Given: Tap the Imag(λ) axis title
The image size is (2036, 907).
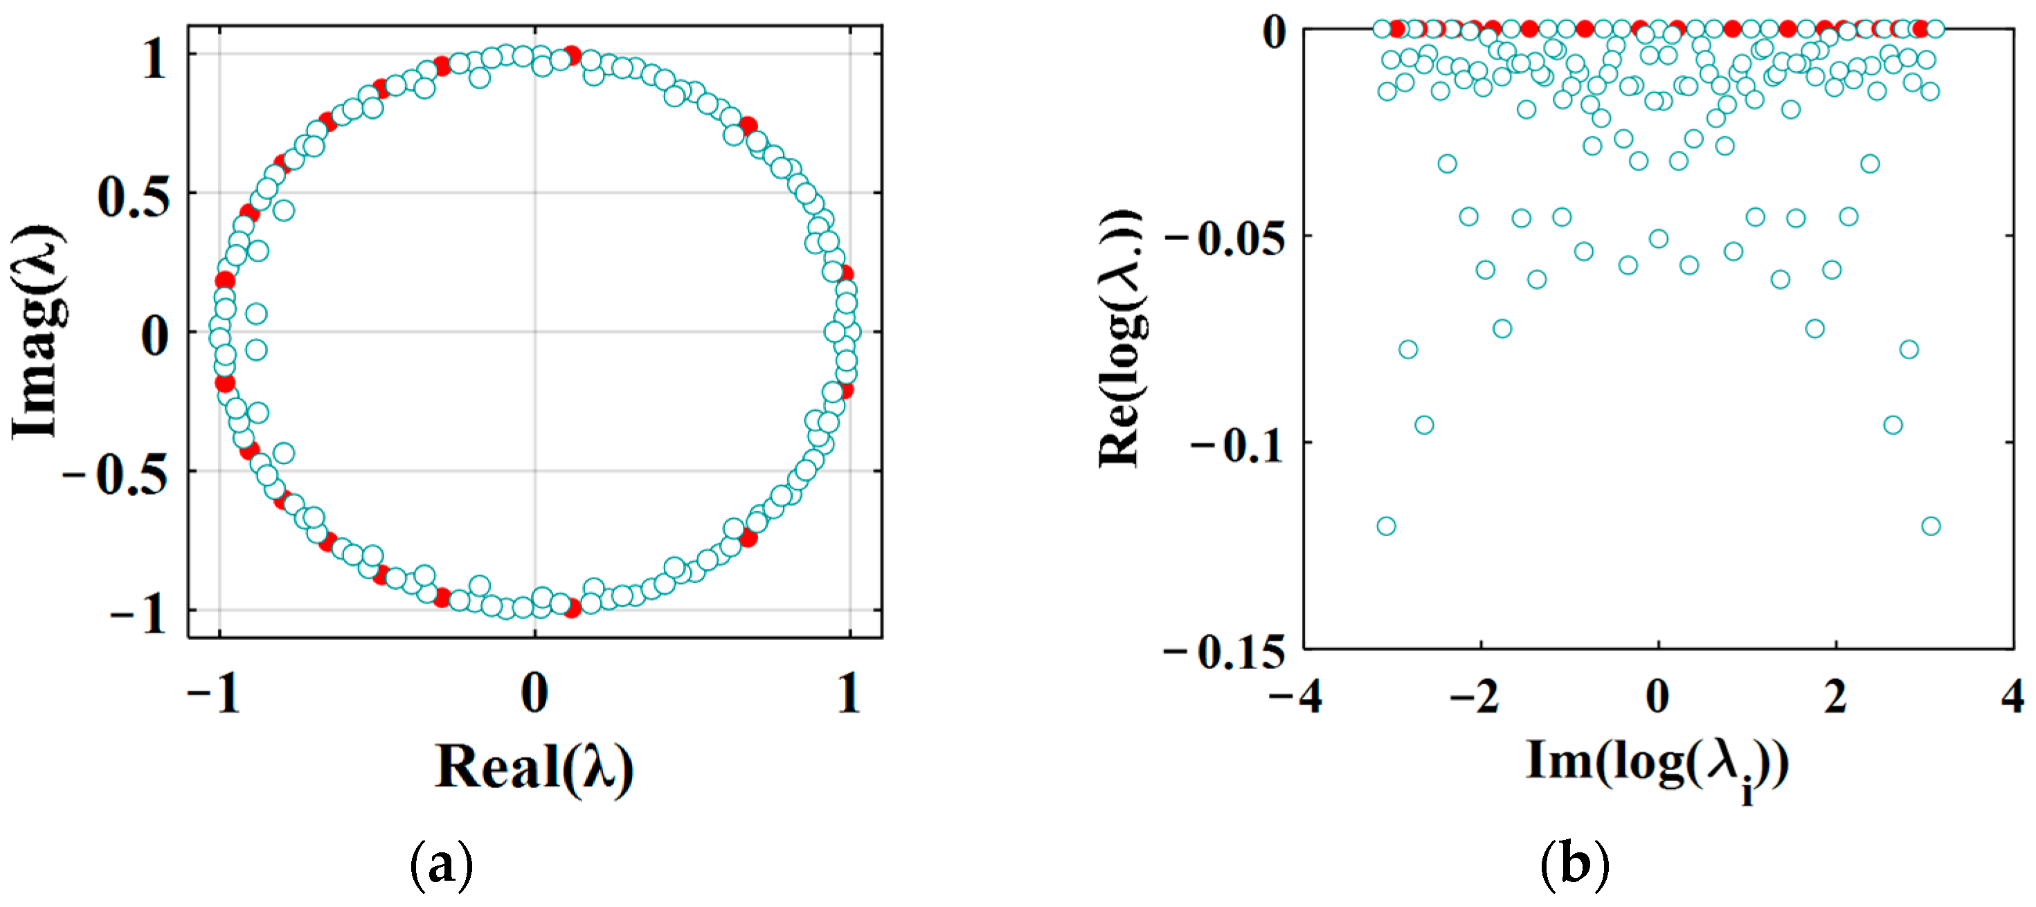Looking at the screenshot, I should click(x=38, y=332).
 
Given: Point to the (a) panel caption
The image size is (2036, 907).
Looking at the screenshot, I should click(x=442, y=865).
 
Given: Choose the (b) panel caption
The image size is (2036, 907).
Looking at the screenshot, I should click(x=1574, y=865).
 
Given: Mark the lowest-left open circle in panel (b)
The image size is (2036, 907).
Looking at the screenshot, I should click(x=1385, y=526).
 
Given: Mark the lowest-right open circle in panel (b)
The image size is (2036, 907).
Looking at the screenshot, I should click(x=1931, y=526).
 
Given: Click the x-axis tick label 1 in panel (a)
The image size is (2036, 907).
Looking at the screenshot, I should click(x=849, y=694).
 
